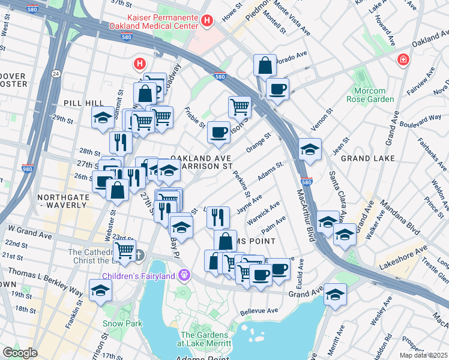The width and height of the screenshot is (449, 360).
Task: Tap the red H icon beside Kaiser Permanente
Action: pyautogui.click(x=207, y=22)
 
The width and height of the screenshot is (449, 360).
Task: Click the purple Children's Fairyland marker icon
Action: pyautogui.click(x=184, y=276)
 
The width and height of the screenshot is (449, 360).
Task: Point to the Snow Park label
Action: pyautogui.click(x=122, y=323)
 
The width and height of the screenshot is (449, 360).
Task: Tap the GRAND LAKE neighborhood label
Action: pyautogui.click(x=367, y=158)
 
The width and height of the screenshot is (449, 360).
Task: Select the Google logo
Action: pyautogui.click(x=20, y=352)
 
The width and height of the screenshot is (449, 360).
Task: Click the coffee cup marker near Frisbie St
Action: pyautogui.click(x=219, y=132)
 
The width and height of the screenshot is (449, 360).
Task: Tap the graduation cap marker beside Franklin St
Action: pyautogui.click(x=100, y=290)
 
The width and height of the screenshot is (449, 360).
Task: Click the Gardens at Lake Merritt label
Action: pyautogui.click(x=206, y=338)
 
